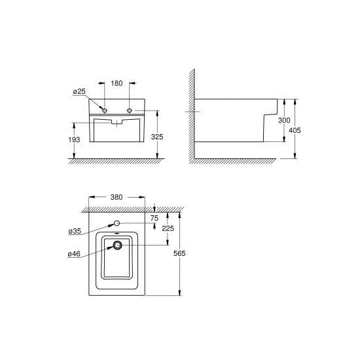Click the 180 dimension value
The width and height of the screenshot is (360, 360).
click(x=117, y=84)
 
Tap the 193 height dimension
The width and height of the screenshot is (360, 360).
click(x=74, y=140)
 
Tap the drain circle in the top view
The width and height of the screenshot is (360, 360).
click(x=118, y=246)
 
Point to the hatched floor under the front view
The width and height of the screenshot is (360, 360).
click(x=117, y=162)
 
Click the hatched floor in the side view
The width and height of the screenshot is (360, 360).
click(x=249, y=162)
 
